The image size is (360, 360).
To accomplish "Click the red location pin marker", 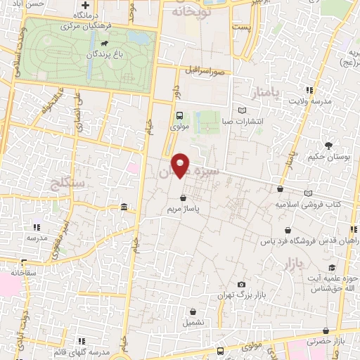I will click(x=181, y=165).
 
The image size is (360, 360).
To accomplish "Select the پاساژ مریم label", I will click(x=184, y=209).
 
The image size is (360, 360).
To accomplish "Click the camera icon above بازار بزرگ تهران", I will click(x=242, y=283).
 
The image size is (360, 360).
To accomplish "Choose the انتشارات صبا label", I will click(x=242, y=121).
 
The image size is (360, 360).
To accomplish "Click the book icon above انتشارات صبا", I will click(x=243, y=110).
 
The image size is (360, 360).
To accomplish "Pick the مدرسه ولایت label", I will click(x=310, y=101).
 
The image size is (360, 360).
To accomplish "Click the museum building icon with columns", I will click(x=124, y=207).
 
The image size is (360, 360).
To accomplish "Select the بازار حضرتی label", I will click(x=345, y=341).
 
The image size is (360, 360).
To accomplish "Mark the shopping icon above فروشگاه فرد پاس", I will click(x=288, y=230).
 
